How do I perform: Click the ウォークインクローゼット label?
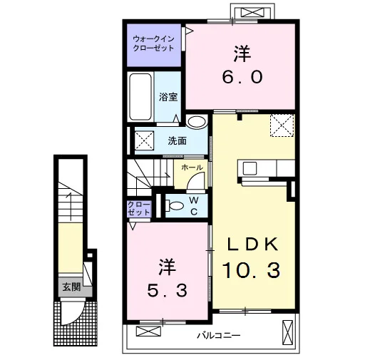(x=153, y=43)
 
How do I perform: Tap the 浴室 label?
(x=168, y=97)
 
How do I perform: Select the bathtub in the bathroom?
(x=140, y=97)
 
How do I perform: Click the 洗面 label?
(x=177, y=141)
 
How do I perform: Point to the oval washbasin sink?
(x=197, y=121)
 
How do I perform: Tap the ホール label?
(x=192, y=168)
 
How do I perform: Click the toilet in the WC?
(x=175, y=206)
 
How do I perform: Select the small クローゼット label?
(x=139, y=208)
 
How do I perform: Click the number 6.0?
(x=242, y=77)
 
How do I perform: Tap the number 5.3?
(x=168, y=290)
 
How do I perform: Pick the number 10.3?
(x=251, y=270)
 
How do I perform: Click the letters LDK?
(x=252, y=244)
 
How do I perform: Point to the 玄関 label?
(x=71, y=287)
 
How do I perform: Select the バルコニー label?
(x=219, y=336)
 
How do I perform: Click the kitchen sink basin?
(x=250, y=168)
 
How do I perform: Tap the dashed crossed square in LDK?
(x=282, y=125)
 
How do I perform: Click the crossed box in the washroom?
(x=144, y=140)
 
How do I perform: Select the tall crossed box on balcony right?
(x=287, y=332)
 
